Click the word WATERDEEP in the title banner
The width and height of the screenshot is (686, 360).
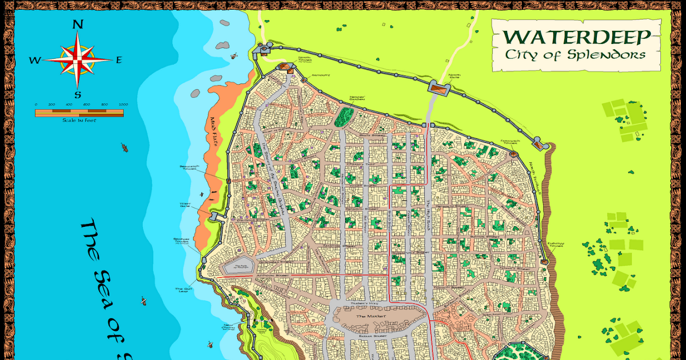(577, 37)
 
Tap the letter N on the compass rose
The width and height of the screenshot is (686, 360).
(78, 25)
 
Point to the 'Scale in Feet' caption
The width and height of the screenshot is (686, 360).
(79, 121)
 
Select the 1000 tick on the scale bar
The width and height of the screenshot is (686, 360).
(123, 105)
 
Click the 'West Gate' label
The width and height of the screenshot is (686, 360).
(186, 204)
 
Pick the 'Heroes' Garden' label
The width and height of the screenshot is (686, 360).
(357, 98)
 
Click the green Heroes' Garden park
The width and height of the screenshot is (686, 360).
(344, 117)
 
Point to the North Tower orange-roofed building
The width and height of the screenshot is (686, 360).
(285, 67)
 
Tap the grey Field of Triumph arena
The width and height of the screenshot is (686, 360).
(238, 266)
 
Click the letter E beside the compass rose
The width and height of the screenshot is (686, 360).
(119, 60)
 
